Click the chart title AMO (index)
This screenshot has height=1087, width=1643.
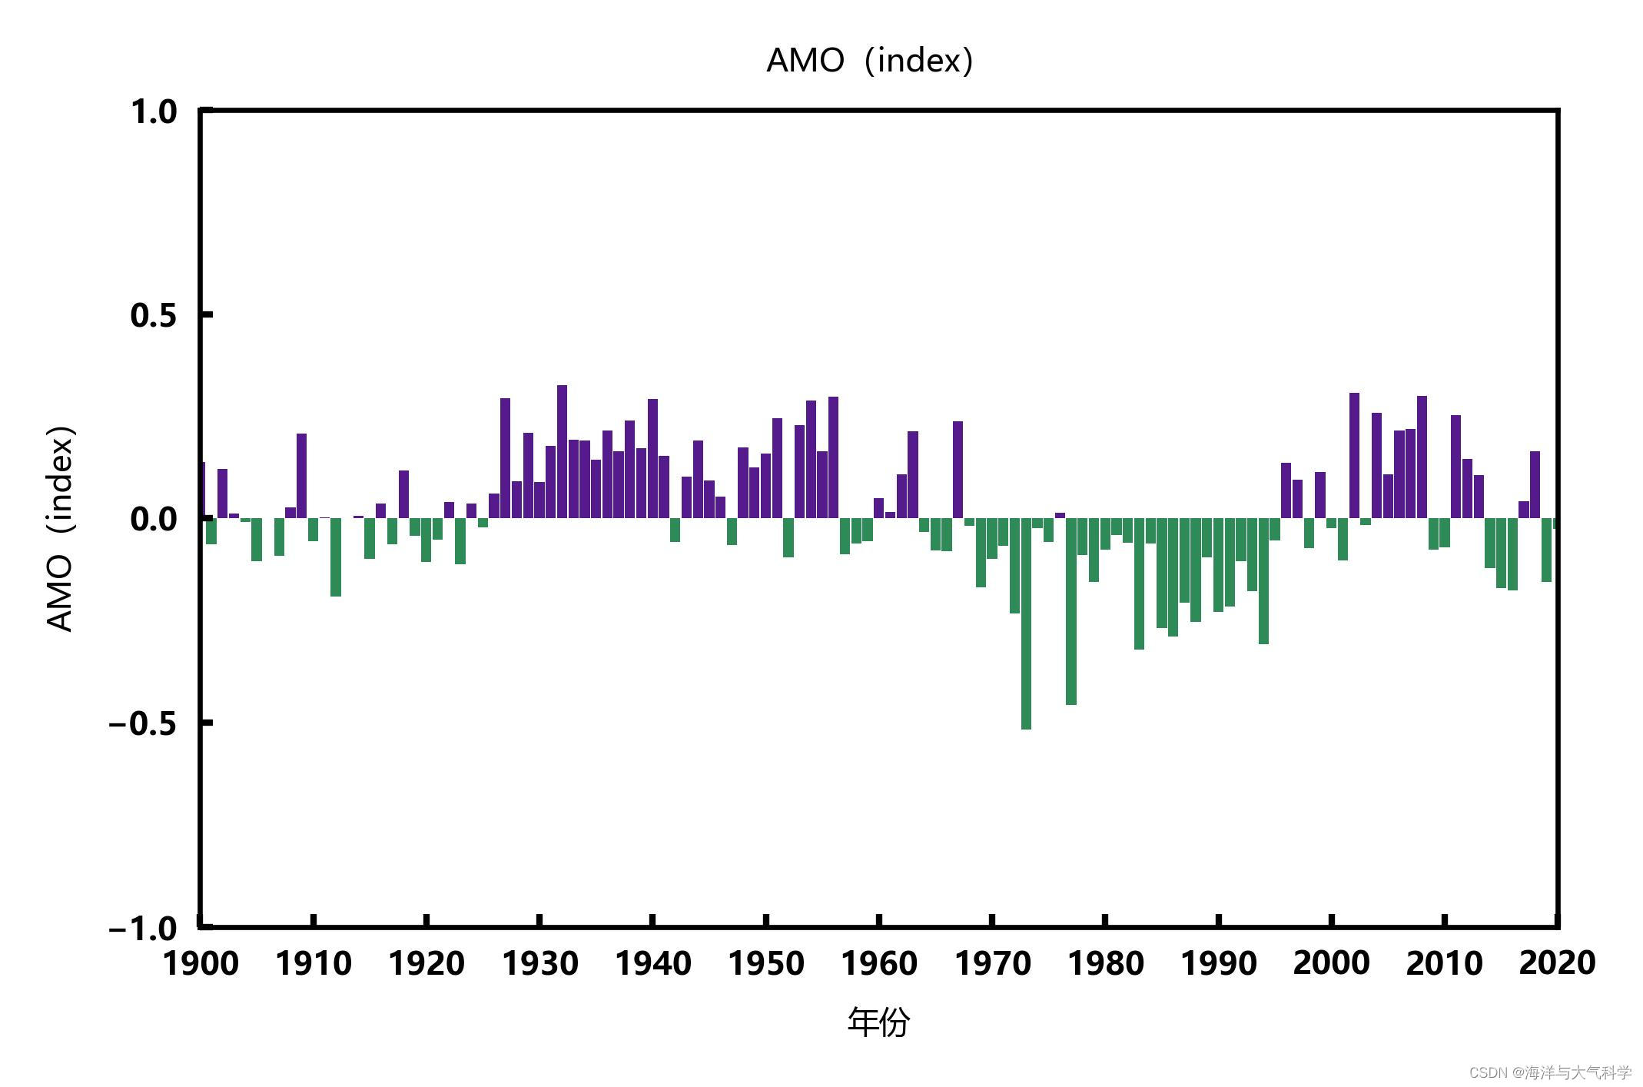click(x=870, y=60)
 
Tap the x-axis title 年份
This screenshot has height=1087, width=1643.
click(x=878, y=1022)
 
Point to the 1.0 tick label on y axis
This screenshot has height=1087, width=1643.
click(x=154, y=112)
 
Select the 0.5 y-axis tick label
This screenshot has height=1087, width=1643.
click(x=154, y=315)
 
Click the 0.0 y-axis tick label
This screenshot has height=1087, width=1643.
click(x=154, y=520)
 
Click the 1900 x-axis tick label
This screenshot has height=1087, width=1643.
click(x=201, y=963)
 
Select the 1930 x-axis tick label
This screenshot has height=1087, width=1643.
click(x=540, y=963)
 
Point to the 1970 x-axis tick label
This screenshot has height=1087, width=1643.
click(x=993, y=963)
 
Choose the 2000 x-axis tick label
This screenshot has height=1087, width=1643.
click(x=1332, y=963)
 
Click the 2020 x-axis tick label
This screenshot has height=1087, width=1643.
click(x=1557, y=963)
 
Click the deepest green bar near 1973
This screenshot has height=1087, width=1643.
click(x=1026, y=623)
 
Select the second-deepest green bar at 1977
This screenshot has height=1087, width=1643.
click(x=1071, y=611)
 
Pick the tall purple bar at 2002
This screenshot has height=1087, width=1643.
click(x=1354, y=455)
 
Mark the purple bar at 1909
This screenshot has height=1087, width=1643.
click(x=301, y=476)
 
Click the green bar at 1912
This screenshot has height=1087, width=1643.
click(x=336, y=557)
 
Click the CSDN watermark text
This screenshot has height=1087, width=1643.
click(x=1549, y=1072)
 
